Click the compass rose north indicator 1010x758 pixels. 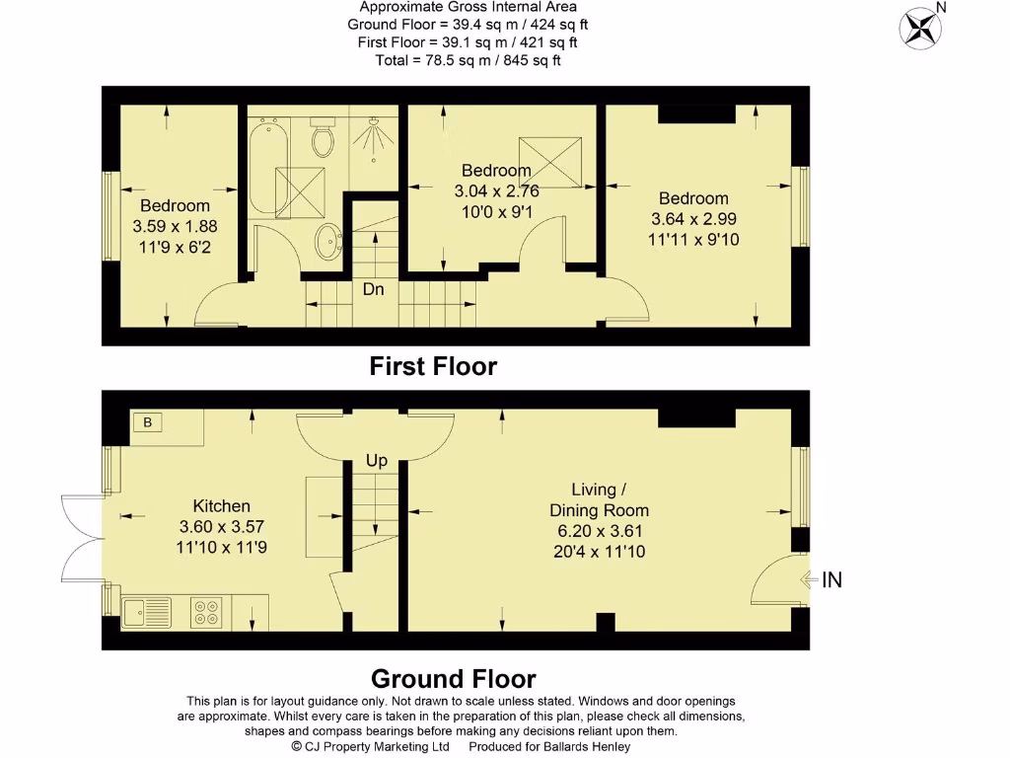(x=921, y=26)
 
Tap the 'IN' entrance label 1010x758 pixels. (x=831, y=580)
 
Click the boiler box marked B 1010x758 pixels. (x=148, y=422)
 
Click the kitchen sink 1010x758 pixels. (x=146, y=612)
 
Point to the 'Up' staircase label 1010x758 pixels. (x=377, y=461)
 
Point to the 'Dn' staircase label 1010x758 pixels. (x=373, y=290)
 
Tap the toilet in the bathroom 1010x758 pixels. (x=322, y=139)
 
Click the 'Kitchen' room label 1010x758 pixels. (x=221, y=506)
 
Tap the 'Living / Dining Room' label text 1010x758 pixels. (x=599, y=499)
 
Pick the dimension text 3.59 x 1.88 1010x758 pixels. (x=175, y=226)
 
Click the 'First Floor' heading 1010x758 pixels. (x=433, y=367)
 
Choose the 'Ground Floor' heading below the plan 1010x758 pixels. (x=453, y=679)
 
